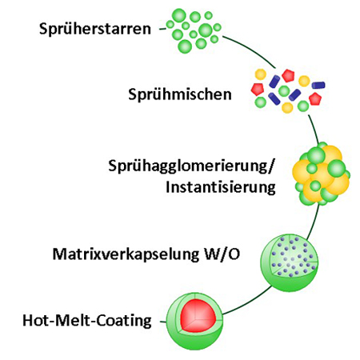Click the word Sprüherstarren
(95, 29)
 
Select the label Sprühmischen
(180, 94)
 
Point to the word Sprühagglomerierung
(187, 166)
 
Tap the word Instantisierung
(221, 187)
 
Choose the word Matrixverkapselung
(126, 254)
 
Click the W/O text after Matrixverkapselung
(222, 254)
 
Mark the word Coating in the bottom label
(123, 321)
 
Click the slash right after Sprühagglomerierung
(270, 166)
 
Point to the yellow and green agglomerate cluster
(322, 174)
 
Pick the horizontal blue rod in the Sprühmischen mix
(318, 85)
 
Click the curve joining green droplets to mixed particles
(251, 50)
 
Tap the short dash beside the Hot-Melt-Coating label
(162, 322)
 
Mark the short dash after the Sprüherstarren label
(162, 29)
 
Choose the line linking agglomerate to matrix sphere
(314, 222)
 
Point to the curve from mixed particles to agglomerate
(314, 130)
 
